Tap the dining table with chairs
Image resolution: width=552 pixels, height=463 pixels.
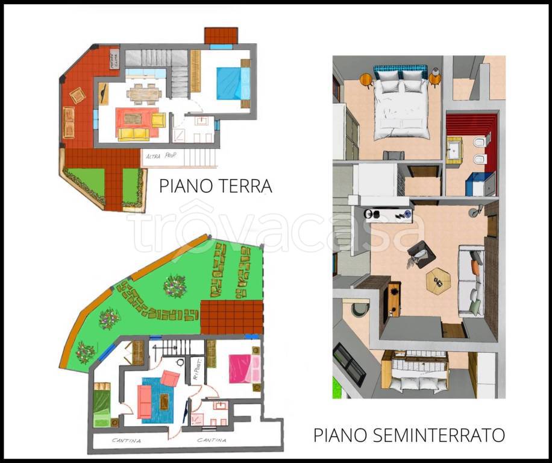pyautogui.click(x=145, y=93)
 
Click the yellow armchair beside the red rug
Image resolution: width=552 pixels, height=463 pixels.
pyautogui.click(x=158, y=120)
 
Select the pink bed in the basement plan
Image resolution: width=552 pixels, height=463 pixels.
pyautogui.click(x=243, y=368)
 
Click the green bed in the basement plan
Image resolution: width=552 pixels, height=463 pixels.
pyautogui.click(x=102, y=405)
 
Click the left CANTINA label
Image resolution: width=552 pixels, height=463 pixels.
pyautogui.click(x=127, y=441)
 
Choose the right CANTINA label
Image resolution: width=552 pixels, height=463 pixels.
pyautogui.click(x=212, y=441)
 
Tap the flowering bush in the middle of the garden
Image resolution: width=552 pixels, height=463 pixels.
pyautogui.click(x=175, y=286)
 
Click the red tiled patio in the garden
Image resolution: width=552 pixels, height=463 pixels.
pyautogui.click(x=231, y=317)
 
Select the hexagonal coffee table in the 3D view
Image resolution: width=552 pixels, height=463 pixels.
pyautogui.click(x=439, y=279)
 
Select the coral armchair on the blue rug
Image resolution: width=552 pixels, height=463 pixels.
pyautogui.click(x=171, y=379)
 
